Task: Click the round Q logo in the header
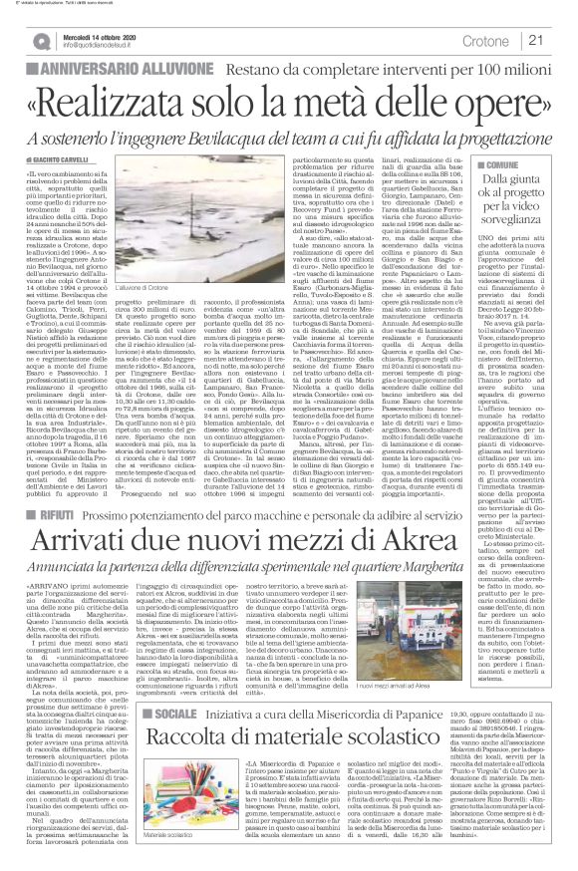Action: click(39, 40)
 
